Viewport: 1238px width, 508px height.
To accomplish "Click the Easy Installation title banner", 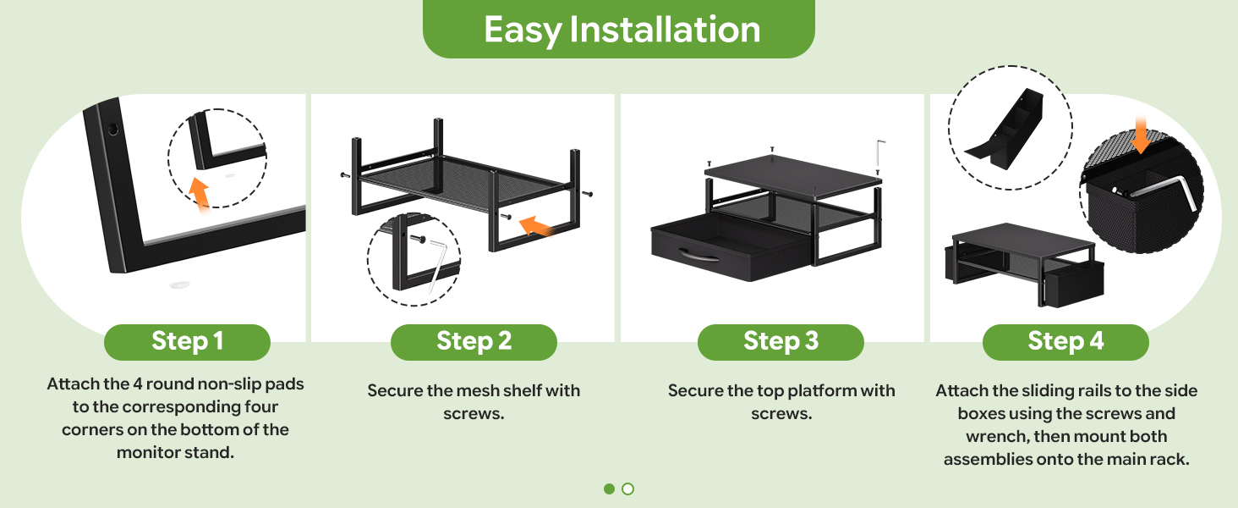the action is (x=618, y=29).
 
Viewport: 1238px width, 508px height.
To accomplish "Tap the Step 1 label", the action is (x=188, y=341).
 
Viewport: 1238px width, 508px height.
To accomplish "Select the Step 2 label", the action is (x=474, y=341).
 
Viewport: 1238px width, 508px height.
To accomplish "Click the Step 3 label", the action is (x=781, y=341).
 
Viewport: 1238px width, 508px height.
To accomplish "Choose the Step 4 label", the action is (x=1065, y=341).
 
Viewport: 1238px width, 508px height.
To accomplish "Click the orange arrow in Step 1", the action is (x=200, y=195).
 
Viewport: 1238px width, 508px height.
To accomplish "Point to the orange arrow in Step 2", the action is (x=535, y=226).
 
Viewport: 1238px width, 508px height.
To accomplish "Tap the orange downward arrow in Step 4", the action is (x=1141, y=135).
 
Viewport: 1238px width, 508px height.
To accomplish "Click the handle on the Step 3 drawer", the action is (x=698, y=257).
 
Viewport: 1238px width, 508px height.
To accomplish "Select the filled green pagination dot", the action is (x=609, y=489).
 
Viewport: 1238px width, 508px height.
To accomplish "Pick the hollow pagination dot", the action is (x=627, y=489).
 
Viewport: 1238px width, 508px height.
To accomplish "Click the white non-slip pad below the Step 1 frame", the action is (x=179, y=284).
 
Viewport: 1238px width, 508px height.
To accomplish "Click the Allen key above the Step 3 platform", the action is (x=879, y=153).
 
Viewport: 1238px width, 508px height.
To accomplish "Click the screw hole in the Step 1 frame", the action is (x=112, y=130).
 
